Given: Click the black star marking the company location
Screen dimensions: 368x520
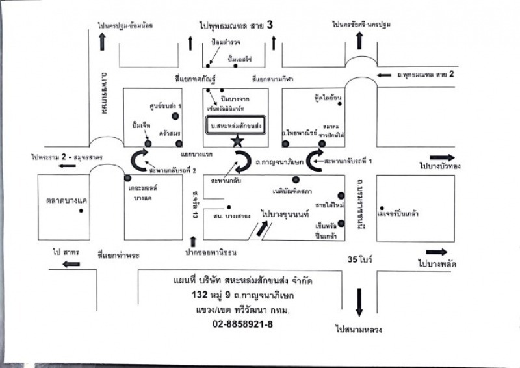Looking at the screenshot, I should (x=238, y=141).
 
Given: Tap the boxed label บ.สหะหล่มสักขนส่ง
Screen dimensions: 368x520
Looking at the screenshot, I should (x=235, y=125).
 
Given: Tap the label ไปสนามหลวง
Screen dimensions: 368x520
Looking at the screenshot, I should (x=359, y=330).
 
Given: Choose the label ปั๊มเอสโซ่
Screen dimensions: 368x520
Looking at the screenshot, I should (x=240, y=59).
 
